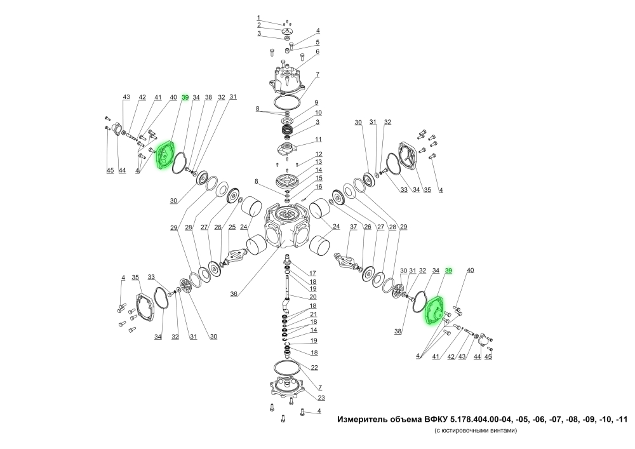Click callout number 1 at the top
[258, 17]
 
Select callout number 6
[318, 51]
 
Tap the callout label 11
[318, 139]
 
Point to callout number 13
[319, 162]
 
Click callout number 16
[319, 187]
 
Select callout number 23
[321, 398]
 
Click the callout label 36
[234, 294]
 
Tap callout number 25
[232, 227]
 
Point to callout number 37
[354, 227]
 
